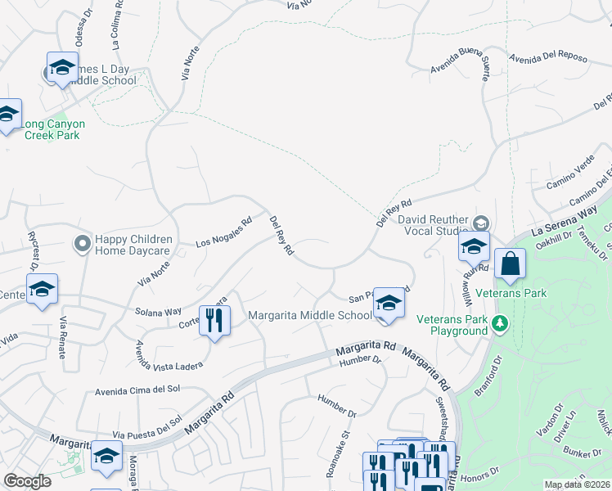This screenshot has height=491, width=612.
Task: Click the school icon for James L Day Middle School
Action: coord(62,69)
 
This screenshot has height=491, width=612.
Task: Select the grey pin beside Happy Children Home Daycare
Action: coord(82,244)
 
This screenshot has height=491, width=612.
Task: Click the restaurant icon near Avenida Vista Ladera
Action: coord(214,319)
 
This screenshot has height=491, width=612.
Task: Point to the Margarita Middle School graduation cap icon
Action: coord(389,303)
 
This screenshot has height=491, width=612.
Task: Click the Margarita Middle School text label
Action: coord(310,316)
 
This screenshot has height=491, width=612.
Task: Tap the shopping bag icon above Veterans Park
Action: coord(510,264)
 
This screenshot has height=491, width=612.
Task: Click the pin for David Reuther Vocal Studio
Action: coord(482,223)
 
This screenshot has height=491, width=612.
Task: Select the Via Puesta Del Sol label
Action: coord(146,429)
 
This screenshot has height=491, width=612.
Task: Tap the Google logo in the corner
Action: coord(28,480)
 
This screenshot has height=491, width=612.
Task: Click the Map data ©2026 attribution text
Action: coord(577,484)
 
